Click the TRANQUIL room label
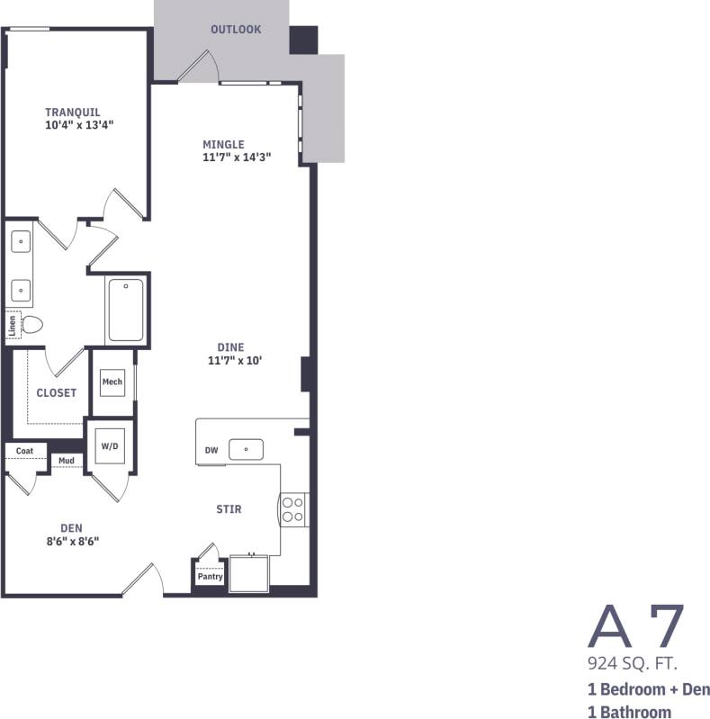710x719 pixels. point(73,112)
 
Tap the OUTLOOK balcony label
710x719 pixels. point(236,30)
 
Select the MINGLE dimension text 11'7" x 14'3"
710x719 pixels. point(237,157)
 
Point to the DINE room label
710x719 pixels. point(230,347)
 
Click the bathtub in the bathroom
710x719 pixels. point(126,310)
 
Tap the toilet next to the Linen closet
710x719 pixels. point(33,324)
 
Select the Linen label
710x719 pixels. point(11,325)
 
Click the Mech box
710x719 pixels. point(112,382)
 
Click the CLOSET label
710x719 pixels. point(56,392)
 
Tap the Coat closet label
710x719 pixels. point(24,450)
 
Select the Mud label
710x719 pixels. point(67,461)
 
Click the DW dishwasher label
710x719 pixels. point(211,449)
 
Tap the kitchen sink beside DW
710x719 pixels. point(246,448)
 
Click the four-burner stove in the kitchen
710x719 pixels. point(292,509)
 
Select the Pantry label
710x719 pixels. point(210,577)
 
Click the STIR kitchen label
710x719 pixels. point(229,509)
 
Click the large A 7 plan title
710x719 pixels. point(636,627)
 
